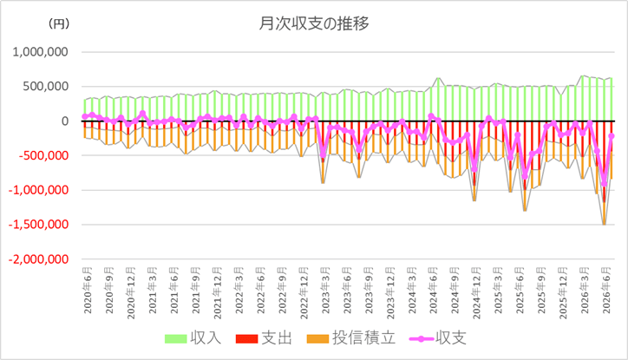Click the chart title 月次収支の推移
[x=314, y=24]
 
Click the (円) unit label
[x=59, y=23]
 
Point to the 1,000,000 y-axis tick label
[x=40, y=52]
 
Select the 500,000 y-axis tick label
[x=45, y=86]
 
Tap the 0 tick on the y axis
[x=64, y=121]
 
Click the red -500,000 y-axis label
[x=43, y=155]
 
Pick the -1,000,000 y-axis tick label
[x=38, y=190]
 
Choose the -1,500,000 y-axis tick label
[x=38, y=225]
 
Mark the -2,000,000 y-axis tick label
[x=38, y=259]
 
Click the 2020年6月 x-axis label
[x=88, y=291]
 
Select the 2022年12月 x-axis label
[x=304, y=293]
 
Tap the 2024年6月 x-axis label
[x=434, y=291]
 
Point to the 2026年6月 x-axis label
[x=607, y=291]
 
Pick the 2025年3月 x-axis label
[x=499, y=291]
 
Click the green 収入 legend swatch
[x=176, y=339]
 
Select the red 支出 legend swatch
[x=246, y=339]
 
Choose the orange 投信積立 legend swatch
[x=318, y=339]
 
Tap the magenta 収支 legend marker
[x=422, y=339]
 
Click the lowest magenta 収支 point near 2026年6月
[x=605, y=184]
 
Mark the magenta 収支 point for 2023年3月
[x=324, y=155]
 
